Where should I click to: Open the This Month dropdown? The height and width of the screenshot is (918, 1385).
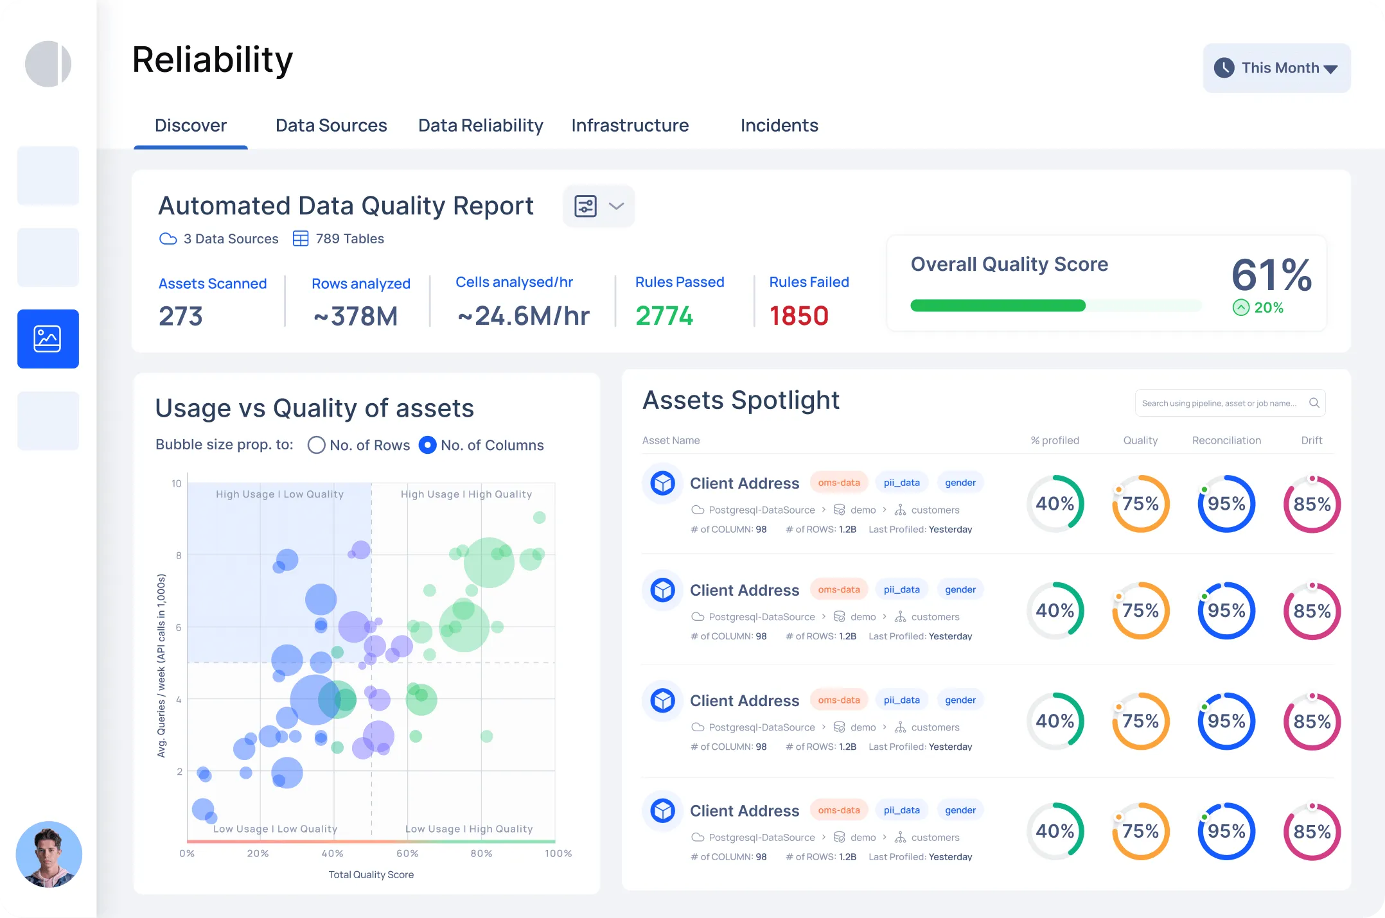[1276, 68]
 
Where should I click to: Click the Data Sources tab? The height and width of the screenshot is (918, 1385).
[331, 125]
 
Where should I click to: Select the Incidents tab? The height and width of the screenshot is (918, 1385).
[779, 125]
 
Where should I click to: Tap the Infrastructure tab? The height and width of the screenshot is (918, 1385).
[630, 125]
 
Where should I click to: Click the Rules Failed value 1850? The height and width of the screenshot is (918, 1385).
[798, 316]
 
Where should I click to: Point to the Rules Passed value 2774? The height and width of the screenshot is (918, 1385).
[664, 316]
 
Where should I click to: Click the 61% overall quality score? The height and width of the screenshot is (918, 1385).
[1271, 275]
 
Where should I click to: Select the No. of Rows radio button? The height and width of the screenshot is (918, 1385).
[316, 445]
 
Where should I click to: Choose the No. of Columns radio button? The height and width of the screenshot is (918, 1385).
[427, 445]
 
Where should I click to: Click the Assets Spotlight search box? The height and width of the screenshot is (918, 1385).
[1221, 403]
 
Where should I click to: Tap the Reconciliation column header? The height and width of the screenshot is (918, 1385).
[1226, 440]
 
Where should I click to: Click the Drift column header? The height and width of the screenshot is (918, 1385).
[1311, 440]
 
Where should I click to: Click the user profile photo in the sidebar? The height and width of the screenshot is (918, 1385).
[49, 854]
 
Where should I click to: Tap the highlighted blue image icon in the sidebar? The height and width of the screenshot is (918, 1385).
[48, 339]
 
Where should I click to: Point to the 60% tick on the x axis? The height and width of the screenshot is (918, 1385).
[407, 853]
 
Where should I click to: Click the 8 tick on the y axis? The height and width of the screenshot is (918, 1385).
[179, 555]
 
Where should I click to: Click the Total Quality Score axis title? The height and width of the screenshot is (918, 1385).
[371, 874]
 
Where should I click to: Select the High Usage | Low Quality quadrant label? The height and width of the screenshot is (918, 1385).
[279, 494]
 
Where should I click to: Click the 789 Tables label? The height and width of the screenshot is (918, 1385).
[349, 239]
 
